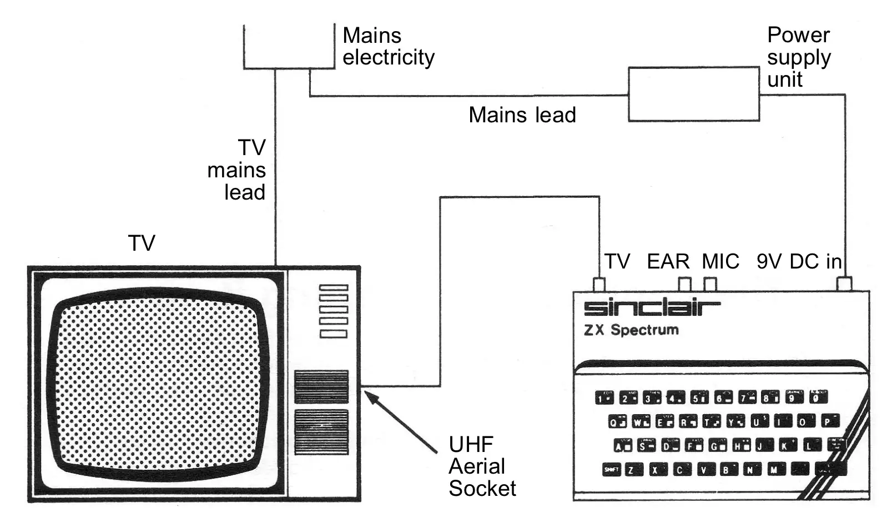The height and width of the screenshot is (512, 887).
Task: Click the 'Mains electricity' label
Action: [387, 46]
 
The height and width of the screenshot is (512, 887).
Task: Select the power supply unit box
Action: [693, 94]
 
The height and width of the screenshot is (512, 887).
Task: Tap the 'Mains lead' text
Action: [522, 115]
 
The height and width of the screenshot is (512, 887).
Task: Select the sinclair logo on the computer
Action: [652, 307]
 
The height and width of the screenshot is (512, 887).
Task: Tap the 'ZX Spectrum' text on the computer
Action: [631, 330]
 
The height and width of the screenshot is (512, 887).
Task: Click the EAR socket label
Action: [668, 261]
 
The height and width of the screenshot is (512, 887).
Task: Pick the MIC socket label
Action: [720, 261]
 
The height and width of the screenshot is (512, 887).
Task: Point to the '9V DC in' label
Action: [798, 261]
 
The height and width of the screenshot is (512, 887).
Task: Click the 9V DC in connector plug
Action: [844, 284]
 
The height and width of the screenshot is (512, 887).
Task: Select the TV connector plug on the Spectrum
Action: [599, 285]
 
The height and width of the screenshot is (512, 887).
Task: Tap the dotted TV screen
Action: [158, 384]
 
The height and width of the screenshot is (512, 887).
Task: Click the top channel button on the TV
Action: [334, 287]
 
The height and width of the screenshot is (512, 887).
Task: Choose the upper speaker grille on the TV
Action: [321, 386]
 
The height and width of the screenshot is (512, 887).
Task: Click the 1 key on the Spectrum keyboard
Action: [604, 397]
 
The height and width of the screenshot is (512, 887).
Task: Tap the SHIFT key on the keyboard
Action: [611, 470]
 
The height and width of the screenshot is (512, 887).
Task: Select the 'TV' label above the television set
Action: [142, 243]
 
